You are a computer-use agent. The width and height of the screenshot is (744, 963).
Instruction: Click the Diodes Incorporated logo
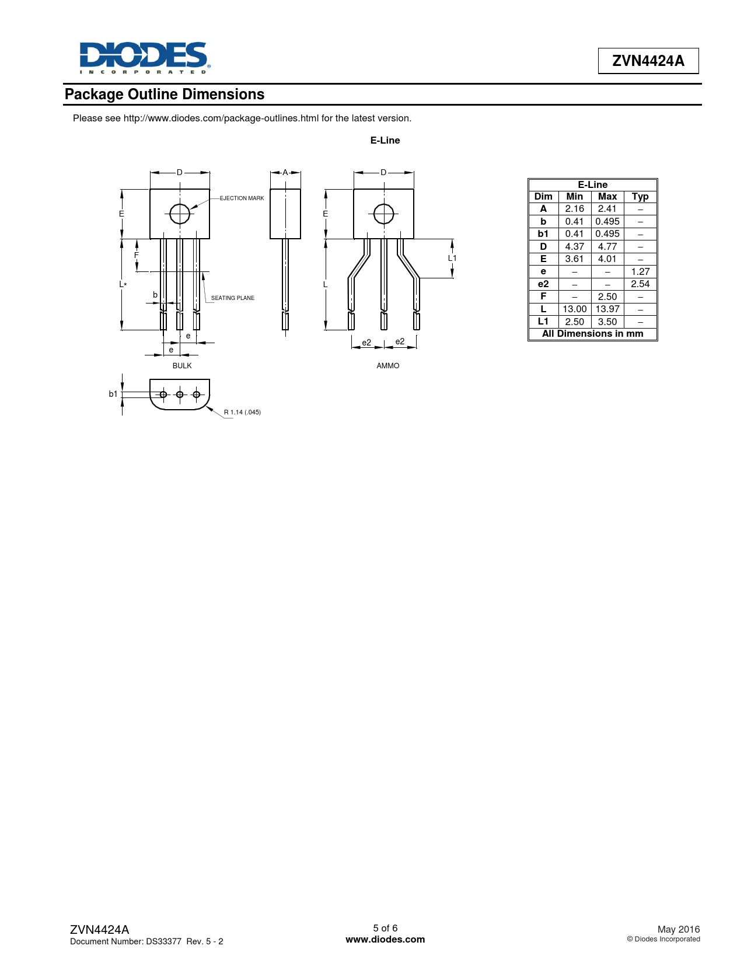[144, 57]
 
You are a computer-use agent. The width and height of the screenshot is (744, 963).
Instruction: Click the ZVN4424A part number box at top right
[648, 61]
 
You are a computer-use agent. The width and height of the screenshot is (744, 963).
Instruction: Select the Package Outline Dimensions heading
[165, 95]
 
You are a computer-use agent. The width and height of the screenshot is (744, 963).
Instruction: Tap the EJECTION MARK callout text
[242, 198]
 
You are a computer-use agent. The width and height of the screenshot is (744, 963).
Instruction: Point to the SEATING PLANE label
[232, 298]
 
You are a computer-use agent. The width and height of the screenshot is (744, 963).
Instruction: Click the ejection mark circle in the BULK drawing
[180, 214]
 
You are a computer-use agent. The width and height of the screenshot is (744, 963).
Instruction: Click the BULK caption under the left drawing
[182, 366]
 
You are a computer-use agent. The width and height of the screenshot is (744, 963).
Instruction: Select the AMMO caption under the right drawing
[388, 366]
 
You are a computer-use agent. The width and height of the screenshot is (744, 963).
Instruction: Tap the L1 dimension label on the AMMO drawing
[452, 258]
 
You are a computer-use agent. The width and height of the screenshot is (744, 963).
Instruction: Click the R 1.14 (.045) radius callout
[242, 412]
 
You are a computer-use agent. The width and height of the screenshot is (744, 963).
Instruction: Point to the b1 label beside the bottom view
[113, 394]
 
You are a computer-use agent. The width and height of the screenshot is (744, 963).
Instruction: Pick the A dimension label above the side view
[285, 172]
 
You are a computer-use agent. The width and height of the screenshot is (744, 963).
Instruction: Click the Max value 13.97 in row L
[607, 309]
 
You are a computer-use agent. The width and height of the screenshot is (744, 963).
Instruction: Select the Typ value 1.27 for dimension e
[640, 271]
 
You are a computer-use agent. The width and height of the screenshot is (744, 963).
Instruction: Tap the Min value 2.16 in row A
[574, 209]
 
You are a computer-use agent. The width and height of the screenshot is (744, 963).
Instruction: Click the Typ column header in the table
[640, 197]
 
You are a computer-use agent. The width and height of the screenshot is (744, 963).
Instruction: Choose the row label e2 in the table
[543, 284]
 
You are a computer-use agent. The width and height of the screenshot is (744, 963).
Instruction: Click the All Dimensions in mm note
[592, 334]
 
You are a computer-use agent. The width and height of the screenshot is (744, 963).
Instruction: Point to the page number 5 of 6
[385, 928]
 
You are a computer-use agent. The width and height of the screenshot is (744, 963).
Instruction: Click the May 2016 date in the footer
[678, 929]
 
